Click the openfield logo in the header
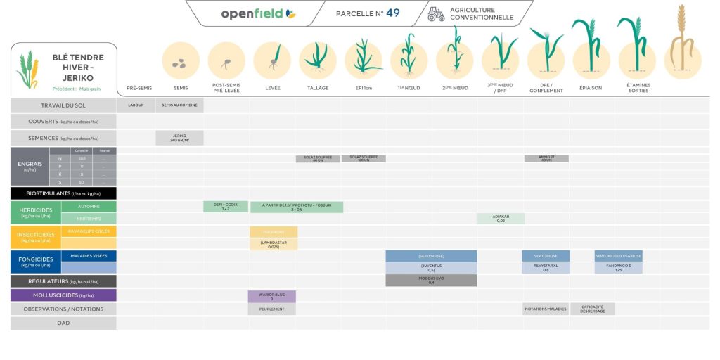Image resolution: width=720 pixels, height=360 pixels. coord(258,13)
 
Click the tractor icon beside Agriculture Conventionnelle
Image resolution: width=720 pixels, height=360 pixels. coord(436,14)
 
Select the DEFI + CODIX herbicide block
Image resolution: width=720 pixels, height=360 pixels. coord(226,207)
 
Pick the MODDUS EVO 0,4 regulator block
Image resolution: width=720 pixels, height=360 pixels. coord(431,281)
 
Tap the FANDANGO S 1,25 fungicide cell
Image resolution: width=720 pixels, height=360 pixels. coord(618,268)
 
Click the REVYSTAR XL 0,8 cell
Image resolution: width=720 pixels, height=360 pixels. coord(546,268)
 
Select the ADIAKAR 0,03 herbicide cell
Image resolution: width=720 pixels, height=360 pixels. coord(501,219)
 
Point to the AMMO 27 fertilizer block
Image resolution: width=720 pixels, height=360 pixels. coord(546,159)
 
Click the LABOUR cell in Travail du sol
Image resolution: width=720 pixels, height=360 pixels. coord(136,105)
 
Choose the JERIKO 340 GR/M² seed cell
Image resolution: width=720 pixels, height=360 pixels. coord(179,138)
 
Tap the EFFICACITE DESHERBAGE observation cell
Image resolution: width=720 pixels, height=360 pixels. coord(592,309)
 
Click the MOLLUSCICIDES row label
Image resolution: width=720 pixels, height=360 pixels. coord(63,295)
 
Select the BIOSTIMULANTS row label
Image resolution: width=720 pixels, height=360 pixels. coord(63,193)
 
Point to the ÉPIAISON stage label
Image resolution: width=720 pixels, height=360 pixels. coord(591,88)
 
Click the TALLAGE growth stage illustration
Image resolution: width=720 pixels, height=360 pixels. coord(318,60)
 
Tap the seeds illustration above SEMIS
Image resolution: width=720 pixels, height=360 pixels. coord(181,62)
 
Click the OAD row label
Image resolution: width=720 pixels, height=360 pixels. coord(63,323)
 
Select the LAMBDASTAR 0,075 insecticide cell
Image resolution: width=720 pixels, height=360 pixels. coord(274,244)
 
